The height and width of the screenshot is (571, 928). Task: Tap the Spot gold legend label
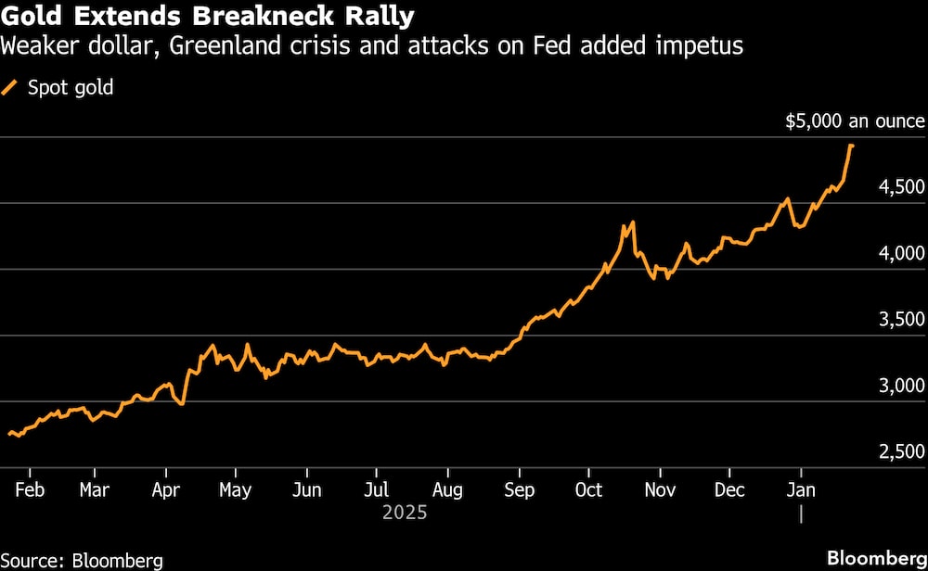coord(71,89)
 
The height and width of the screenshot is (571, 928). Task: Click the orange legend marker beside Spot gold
coord(11,89)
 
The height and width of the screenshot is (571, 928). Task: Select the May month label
coord(236,489)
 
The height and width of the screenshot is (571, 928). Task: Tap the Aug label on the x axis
coord(448,489)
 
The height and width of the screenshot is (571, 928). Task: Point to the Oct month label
coord(588,489)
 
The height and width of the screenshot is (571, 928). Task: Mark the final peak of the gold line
coord(851,146)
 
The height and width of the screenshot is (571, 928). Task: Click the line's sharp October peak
coord(633,222)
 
